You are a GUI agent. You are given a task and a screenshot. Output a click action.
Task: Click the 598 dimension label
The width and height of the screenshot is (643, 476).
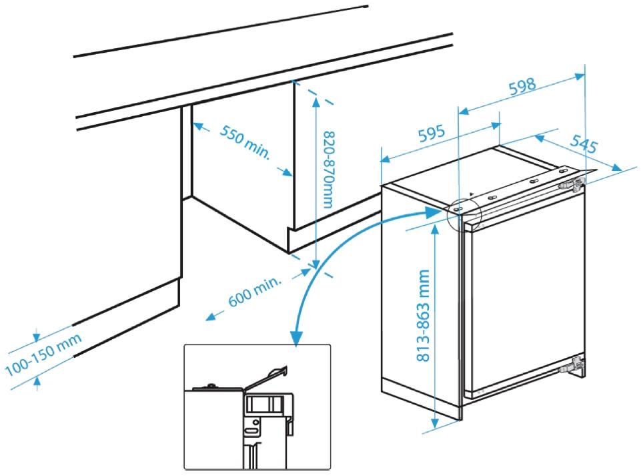522,86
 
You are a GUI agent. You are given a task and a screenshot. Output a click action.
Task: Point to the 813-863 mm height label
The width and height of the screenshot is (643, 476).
423,315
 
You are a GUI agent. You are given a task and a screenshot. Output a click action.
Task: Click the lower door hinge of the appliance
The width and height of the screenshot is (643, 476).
574,365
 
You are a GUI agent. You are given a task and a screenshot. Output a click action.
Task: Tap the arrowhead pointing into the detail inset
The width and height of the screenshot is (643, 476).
295,338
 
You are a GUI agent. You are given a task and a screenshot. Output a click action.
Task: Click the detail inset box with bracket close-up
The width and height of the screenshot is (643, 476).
257,407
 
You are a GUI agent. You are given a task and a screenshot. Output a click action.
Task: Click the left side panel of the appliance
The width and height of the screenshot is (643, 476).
420,300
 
